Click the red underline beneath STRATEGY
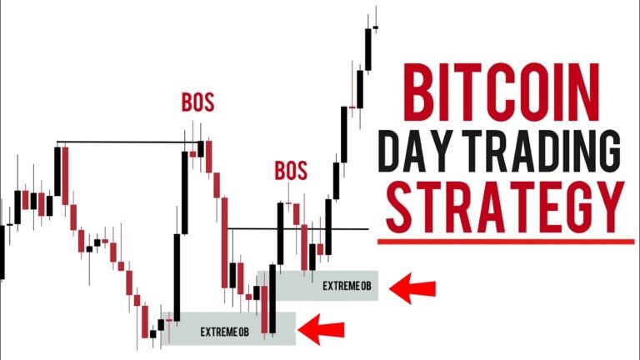tap(506, 242)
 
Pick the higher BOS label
tap(197, 103)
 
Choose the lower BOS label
tap(291, 172)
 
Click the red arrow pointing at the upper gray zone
tap(414, 288)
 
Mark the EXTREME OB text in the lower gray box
tap(225, 332)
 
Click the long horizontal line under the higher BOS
tap(129, 143)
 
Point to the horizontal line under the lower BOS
tap(297, 228)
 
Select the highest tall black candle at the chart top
tap(367, 50)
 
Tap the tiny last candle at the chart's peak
tap(376, 27)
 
